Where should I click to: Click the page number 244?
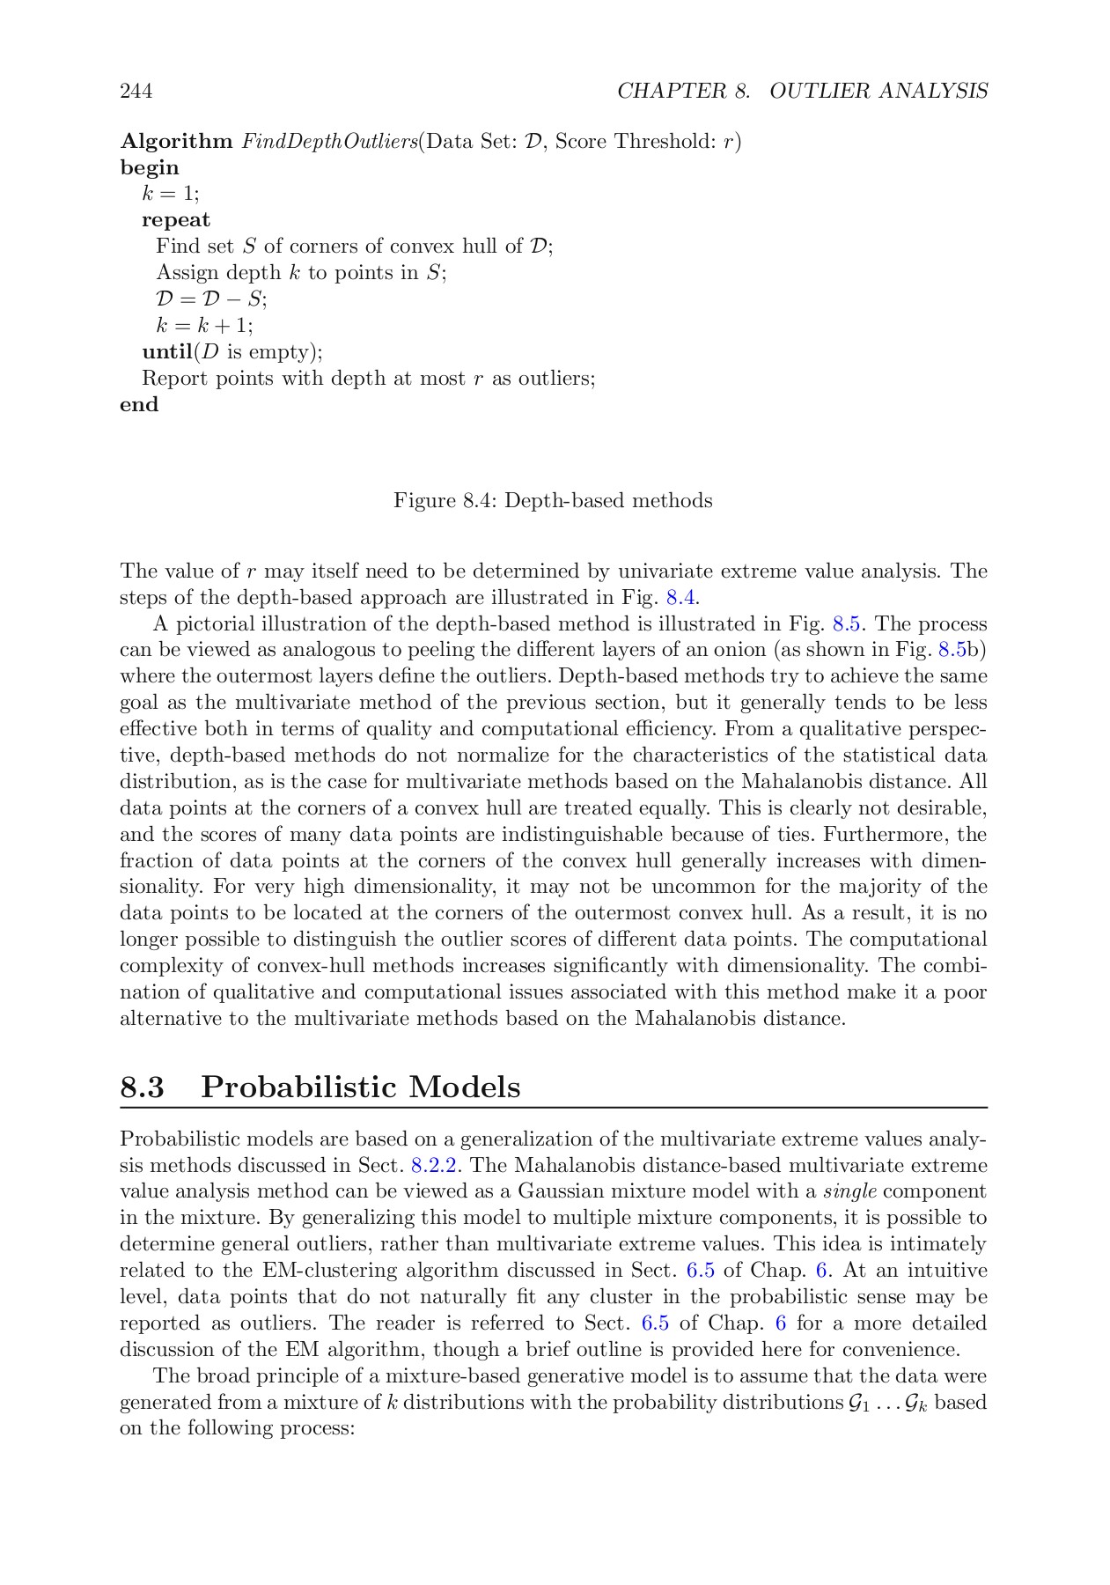click(x=136, y=91)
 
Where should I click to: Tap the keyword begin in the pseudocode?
click(x=149, y=168)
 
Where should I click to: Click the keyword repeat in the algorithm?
click(x=176, y=220)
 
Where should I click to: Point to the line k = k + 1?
click(x=204, y=326)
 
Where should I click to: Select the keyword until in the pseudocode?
click(x=167, y=352)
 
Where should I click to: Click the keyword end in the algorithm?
click(x=139, y=405)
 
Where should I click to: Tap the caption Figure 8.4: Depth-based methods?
click(x=553, y=501)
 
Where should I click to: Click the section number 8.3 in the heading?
click(x=143, y=1087)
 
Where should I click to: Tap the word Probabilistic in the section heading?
click(x=300, y=1087)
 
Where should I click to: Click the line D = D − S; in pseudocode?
click(x=211, y=299)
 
